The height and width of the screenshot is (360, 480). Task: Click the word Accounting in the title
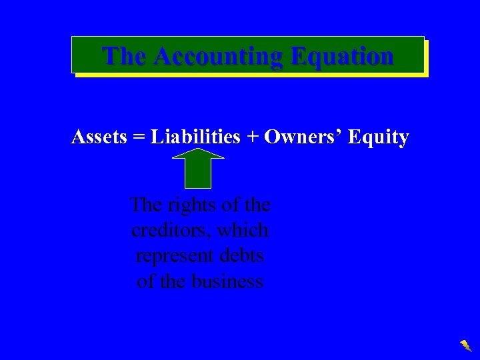point(211,56)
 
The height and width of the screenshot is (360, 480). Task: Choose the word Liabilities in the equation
point(195,137)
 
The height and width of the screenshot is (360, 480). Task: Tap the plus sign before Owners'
point(252,138)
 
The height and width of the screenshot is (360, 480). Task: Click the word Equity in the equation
point(379,138)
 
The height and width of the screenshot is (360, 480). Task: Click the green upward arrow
point(198,171)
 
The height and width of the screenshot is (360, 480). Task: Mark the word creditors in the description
point(171,231)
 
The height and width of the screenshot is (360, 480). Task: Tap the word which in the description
point(243,231)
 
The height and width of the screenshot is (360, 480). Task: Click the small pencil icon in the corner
point(465,345)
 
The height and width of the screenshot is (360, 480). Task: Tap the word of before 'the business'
point(145,281)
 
